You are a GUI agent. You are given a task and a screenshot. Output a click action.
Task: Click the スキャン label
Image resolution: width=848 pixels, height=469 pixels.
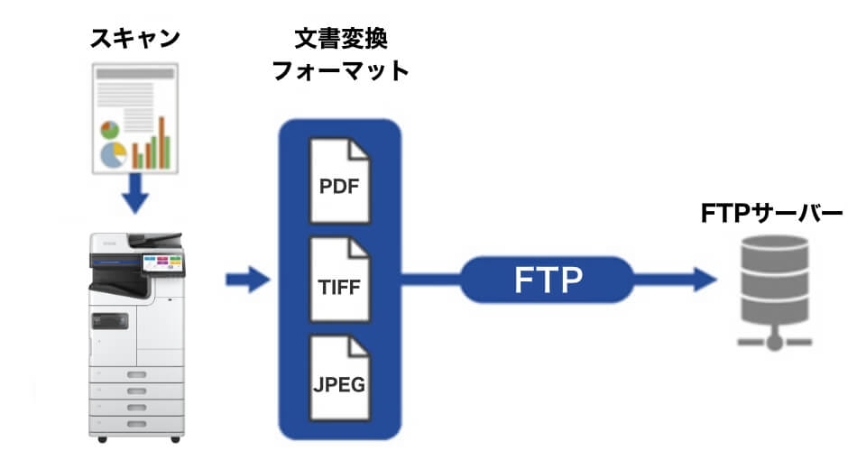pyautogui.click(x=134, y=38)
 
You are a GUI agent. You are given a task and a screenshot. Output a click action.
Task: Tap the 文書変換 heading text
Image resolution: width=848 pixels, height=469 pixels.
pyautogui.click(x=341, y=39)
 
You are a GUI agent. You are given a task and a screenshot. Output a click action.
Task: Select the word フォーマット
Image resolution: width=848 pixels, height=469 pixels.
pyautogui.click(x=341, y=72)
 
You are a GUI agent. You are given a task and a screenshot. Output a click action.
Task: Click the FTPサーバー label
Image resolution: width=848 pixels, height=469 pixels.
pyautogui.click(x=771, y=213)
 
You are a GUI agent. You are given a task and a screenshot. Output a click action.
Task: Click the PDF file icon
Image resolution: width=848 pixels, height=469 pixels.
pyautogui.click(x=339, y=181)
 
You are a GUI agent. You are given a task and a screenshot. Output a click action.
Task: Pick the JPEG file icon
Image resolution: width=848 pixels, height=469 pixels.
pyautogui.click(x=339, y=379)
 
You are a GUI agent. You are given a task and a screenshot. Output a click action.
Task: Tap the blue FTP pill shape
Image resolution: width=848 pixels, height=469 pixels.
pyautogui.click(x=546, y=280)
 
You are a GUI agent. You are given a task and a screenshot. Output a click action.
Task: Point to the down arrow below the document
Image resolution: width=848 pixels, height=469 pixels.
pyautogui.click(x=135, y=192)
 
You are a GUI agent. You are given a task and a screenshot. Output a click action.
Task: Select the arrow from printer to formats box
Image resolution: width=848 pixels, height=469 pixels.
pyautogui.click(x=247, y=280)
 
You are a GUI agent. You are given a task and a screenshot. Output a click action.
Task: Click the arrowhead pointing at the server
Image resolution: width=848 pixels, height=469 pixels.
pyautogui.click(x=704, y=280)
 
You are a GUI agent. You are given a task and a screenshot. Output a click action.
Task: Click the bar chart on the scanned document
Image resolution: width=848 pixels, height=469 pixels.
pyautogui.click(x=151, y=145)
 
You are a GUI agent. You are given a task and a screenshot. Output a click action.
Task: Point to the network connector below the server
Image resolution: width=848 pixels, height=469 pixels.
pyautogui.click(x=774, y=341)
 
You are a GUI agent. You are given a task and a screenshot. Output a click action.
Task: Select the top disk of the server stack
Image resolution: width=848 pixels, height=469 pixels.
pyautogui.click(x=774, y=249)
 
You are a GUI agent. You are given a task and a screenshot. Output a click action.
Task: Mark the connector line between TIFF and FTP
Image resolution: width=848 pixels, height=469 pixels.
pyautogui.click(x=431, y=280)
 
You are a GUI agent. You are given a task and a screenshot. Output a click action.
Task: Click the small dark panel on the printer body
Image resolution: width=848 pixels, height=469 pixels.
pyautogui.click(x=109, y=319)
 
